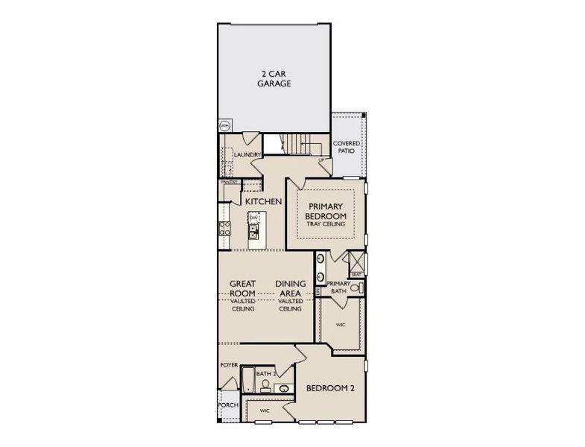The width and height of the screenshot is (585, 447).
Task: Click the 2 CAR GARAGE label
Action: (x=274, y=78)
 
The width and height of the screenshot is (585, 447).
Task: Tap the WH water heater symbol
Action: (x=224, y=125)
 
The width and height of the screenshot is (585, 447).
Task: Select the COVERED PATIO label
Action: (x=347, y=146)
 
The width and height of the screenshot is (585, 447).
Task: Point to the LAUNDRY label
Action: (x=246, y=155)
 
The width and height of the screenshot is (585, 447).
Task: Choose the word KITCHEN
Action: (x=262, y=202)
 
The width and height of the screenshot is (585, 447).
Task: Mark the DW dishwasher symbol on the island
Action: (x=253, y=218)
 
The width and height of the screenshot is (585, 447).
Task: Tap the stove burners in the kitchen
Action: (x=223, y=228)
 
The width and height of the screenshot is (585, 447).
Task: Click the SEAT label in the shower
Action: (x=356, y=274)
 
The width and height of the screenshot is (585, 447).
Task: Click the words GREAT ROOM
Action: (x=244, y=288)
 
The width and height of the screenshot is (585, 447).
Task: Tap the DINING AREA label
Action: (x=288, y=288)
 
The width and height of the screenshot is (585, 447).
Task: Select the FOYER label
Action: (x=229, y=366)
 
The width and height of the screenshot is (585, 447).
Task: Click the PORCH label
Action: (x=228, y=405)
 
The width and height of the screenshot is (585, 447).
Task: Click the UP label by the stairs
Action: (x=321, y=159)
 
